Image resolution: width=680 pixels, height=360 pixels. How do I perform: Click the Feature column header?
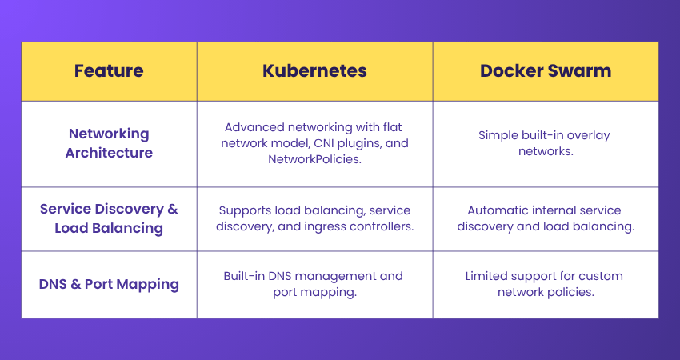(109, 70)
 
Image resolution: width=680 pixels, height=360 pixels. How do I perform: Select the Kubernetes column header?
(314, 70)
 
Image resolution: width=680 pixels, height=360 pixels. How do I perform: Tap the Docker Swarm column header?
(546, 70)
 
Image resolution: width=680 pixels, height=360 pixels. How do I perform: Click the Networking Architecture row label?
(109, 143)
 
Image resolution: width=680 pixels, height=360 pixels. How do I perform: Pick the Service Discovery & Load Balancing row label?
(109, 218)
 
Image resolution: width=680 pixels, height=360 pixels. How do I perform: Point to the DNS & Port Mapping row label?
(109, 284)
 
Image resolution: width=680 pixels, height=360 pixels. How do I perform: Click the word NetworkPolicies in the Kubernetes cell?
(314, 159)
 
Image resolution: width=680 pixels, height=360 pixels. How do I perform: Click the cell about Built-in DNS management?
(314, 284)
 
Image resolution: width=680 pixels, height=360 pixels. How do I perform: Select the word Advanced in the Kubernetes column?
(251, 127)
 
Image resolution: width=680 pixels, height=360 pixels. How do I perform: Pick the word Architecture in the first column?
(109, 152)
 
